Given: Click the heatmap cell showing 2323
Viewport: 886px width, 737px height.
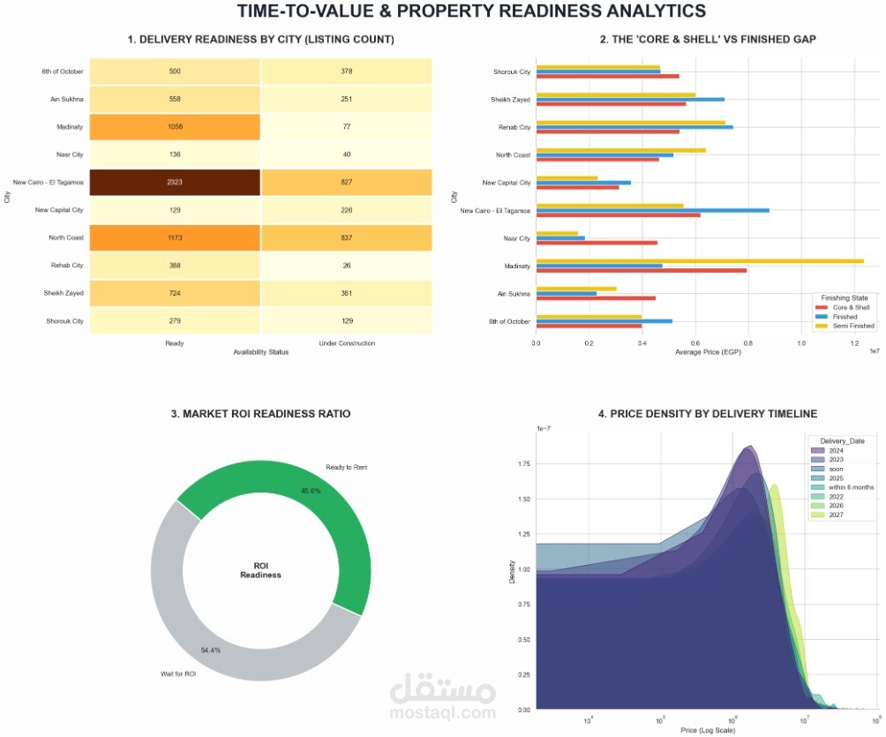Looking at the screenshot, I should tap(175, 182).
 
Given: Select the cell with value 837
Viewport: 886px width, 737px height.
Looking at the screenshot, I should tap(346, 237).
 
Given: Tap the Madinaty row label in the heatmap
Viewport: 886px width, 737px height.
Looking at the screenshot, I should tap(71, 127).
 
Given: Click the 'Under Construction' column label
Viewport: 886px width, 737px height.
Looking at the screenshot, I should tap(346, 342).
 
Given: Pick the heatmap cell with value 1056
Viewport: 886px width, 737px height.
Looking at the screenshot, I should tap(175, 127).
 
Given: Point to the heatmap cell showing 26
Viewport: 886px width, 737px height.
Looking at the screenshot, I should tap(346, 266).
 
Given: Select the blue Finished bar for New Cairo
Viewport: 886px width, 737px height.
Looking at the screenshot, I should tap(652, 210).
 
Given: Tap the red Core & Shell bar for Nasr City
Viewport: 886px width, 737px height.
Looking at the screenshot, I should tap(597, 243).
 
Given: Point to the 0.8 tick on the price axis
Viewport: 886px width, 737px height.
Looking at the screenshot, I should tap(747, 342).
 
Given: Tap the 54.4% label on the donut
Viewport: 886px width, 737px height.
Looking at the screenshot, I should tap(211, 650).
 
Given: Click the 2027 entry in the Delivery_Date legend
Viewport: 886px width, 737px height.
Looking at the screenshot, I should tap(836, 514).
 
